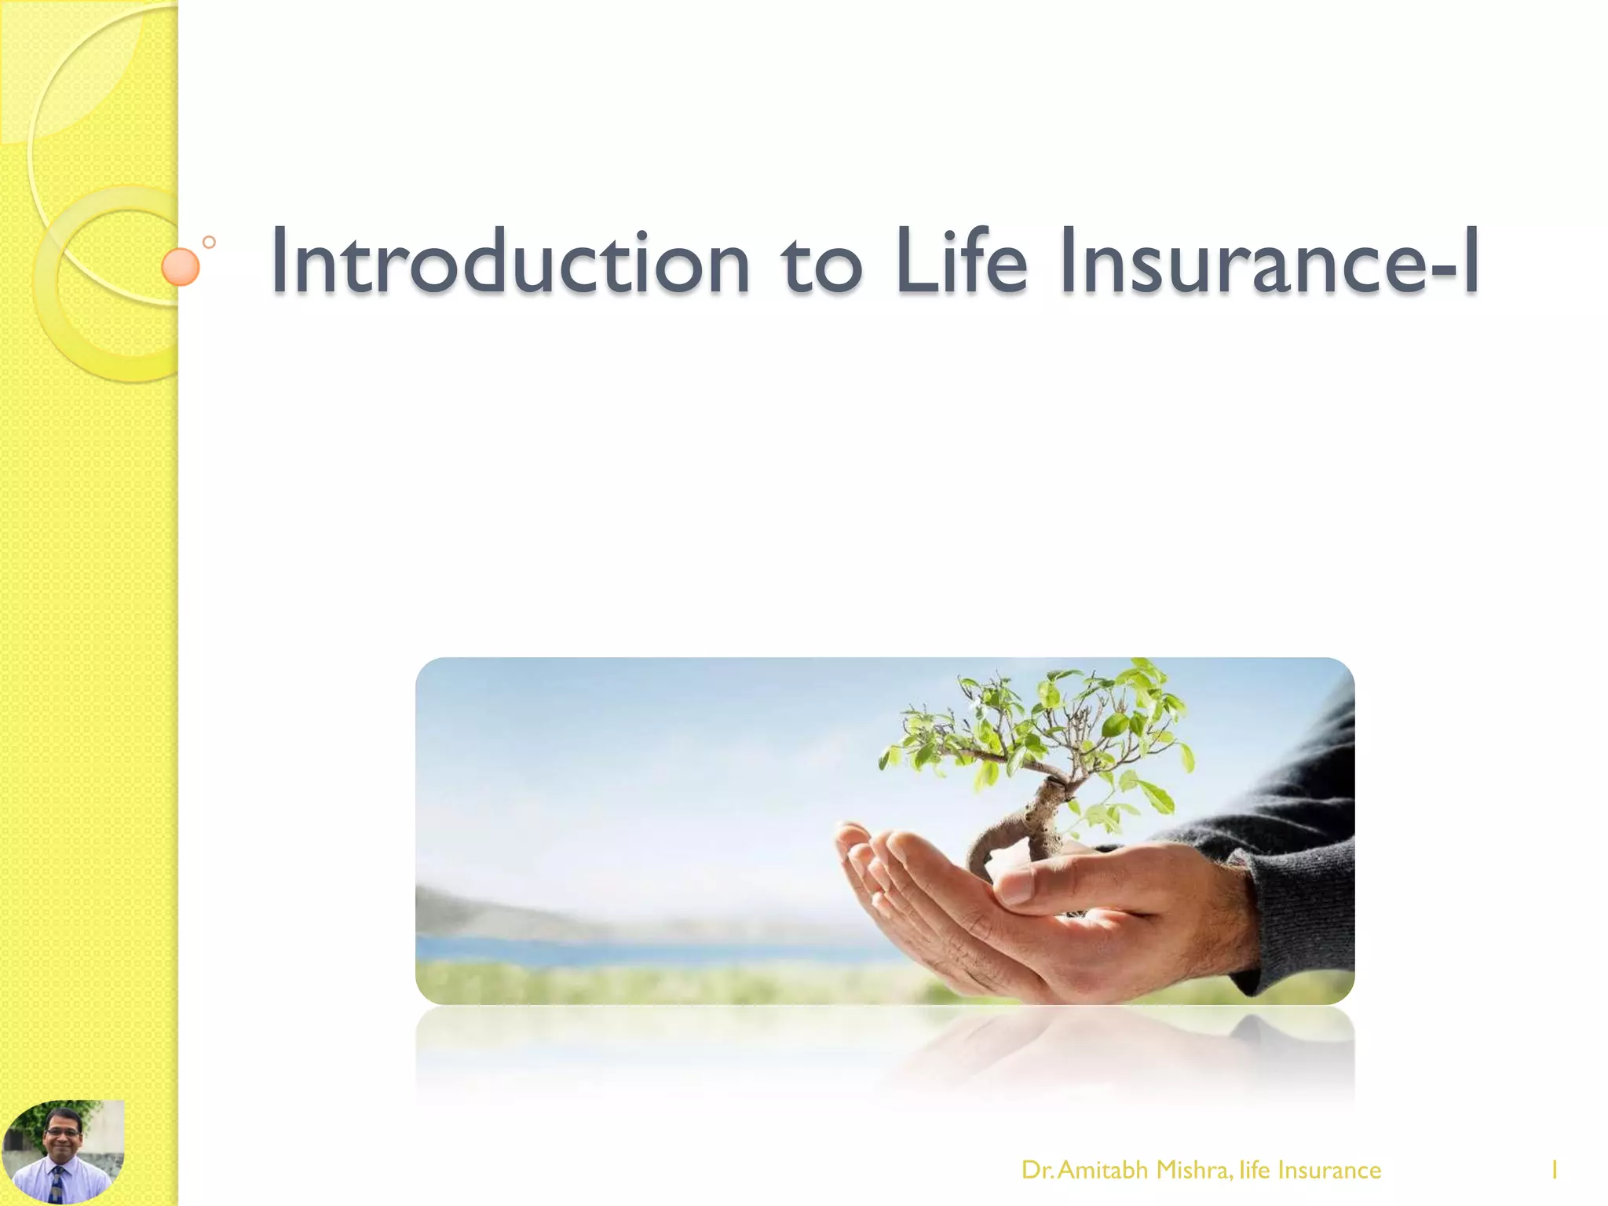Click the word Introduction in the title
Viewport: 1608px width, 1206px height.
[x=511, y=261]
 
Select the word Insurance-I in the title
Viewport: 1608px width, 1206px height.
[x=1269, y=261]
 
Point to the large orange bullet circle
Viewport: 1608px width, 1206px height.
[x=180, y=267]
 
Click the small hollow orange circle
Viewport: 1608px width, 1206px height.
[x=209, y=243]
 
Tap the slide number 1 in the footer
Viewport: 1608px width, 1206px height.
[x=1554, y=1170]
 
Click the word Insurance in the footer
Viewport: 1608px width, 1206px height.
[x=1329, y=1170]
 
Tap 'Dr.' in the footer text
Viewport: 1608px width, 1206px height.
[x=1037, y=1170]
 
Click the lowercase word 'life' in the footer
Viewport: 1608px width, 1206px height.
[x=1255, y=1170]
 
